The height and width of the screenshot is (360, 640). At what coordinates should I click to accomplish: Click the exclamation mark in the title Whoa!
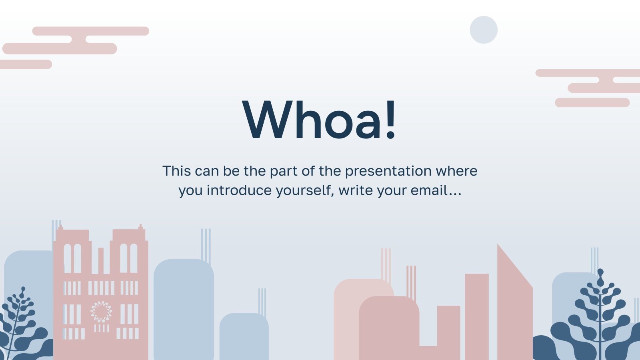[x=390, y=120]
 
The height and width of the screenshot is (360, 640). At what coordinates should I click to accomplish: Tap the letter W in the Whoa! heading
[x=268, y=120]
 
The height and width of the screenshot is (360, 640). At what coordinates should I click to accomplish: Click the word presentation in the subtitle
[x=388, y=172]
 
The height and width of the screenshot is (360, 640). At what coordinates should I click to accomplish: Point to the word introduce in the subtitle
[x=239, y=190]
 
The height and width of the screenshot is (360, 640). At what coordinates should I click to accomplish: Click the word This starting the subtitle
[x=176, y=171]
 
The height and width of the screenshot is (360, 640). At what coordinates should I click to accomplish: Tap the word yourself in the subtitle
[x=305, y=191]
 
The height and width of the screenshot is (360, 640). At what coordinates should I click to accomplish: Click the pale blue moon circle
[x=484, y=30]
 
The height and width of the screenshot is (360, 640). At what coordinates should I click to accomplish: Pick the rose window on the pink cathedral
[x=101, y=312]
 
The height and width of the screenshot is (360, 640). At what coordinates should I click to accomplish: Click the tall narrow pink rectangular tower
[x=476, y=316]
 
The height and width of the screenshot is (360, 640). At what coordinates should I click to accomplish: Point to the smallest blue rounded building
[x=244, y=336]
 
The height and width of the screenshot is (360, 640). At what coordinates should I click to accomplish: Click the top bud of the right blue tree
[x=600, y=274]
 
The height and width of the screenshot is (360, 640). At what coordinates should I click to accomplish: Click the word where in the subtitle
[x=456, y=171]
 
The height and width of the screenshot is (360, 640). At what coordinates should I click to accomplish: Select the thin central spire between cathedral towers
[x=101, y=260]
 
